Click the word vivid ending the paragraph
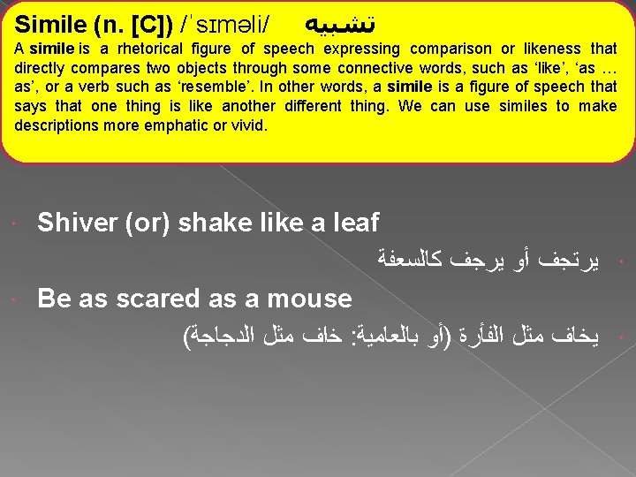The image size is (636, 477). [247, 125]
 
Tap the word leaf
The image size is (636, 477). [353, 223]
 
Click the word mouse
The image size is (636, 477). [313, 299]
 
